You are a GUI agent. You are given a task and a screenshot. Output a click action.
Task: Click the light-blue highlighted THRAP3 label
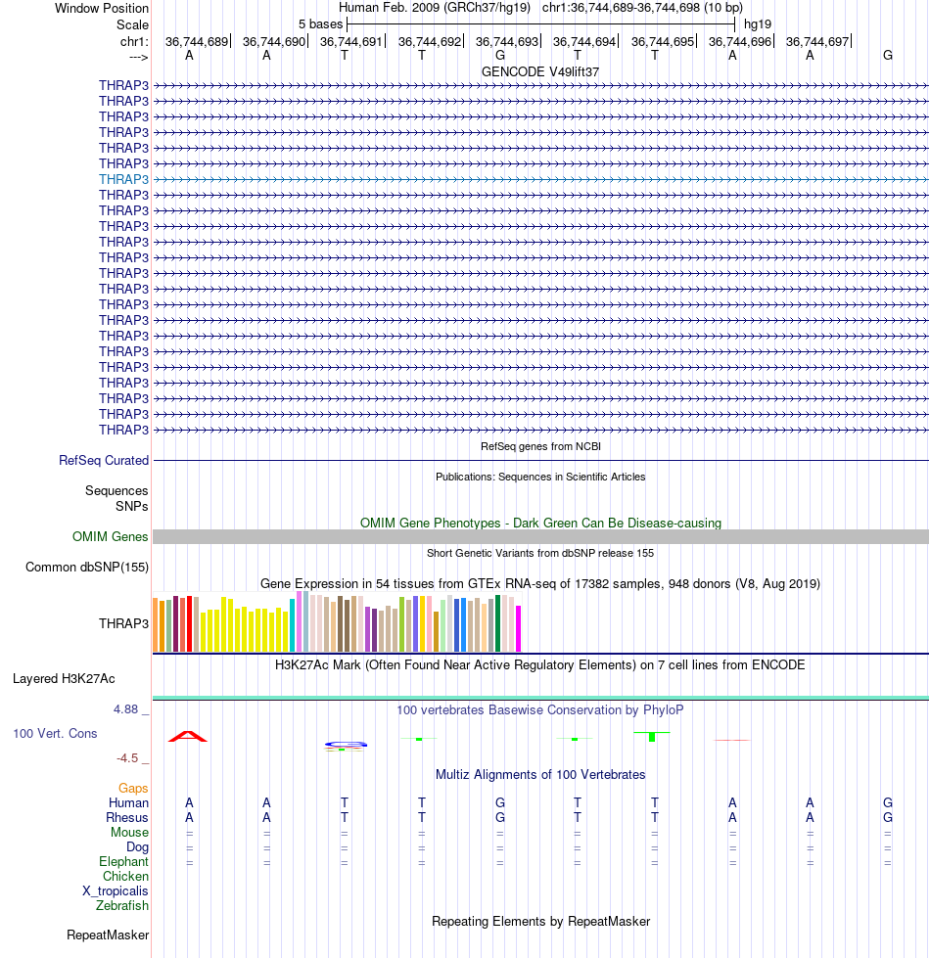coord(123,179)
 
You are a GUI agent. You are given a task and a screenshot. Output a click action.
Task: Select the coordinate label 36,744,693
coord(507,41)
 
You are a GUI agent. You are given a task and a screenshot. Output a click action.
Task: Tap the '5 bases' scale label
coord(321,24)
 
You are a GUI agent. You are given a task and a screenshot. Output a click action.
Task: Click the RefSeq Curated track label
coord(104,460)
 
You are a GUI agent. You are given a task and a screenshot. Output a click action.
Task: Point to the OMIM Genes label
coord(110,536)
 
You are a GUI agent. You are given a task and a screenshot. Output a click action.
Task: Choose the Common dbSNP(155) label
coord(87,567)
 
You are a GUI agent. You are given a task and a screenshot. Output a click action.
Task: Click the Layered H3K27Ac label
coord(64,679)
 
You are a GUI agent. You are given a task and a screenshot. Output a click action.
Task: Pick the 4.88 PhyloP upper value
coord(126,709)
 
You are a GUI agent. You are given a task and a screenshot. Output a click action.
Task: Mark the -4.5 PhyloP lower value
coord(127,758)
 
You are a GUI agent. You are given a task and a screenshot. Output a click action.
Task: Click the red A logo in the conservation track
coord(188,736)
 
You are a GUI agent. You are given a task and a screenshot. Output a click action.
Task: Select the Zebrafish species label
coord(122,905)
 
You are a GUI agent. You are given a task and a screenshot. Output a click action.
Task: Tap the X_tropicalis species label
coord(116,890)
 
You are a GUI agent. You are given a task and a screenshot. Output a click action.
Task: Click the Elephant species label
coord(123,861)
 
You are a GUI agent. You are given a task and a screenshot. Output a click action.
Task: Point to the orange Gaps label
coord(133,788)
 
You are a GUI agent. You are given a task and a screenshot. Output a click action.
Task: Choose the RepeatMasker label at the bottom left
coord(108,935)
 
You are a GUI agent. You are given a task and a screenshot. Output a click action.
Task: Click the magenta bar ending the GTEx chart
coord(519,628)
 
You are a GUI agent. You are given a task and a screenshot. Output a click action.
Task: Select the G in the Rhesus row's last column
coord(888,817)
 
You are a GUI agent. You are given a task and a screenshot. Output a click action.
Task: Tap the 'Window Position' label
coord(102,9)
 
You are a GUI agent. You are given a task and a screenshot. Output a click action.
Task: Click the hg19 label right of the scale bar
coord(758,24)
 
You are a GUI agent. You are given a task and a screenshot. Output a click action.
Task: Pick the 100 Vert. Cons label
coord(55,733)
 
